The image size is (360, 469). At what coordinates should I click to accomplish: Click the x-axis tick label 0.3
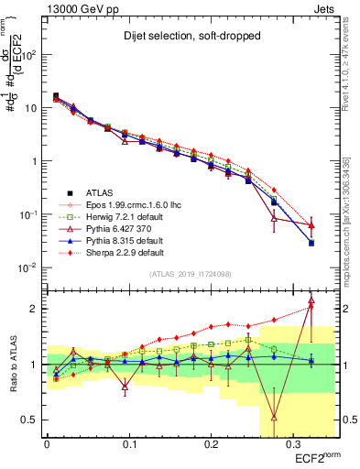tap(292, 442)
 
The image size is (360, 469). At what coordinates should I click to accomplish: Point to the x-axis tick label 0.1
tap(128, 442)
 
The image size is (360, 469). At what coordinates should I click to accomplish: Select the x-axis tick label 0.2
tap(210, 442)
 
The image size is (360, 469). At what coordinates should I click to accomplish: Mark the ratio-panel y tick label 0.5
tap(34, 420)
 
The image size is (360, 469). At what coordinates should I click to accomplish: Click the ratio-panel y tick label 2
tap(38, 309)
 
